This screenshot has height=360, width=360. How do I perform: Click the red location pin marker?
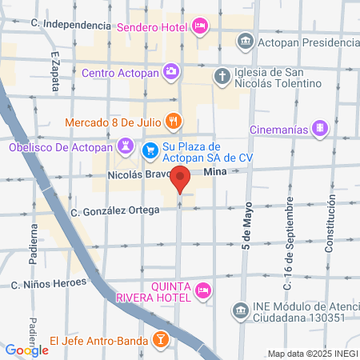[x=182, y=181]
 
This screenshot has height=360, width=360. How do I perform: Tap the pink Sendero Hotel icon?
[x=201, y=26]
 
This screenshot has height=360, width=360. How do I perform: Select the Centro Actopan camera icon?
[x=171, y=73]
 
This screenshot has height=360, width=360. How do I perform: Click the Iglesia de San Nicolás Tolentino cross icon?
[x=222, y=76]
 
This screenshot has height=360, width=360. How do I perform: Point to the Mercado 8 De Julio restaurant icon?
[x=174, y=122]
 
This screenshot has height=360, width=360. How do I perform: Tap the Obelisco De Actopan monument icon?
[x=126, y=146]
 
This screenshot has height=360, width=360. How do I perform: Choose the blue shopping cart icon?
[x=150, y=150]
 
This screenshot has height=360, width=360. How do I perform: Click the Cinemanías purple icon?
[x=320, y=126]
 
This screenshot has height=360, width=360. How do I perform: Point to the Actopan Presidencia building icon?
[x=245, y=40]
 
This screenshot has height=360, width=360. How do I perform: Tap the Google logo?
[x=27, y=350]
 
